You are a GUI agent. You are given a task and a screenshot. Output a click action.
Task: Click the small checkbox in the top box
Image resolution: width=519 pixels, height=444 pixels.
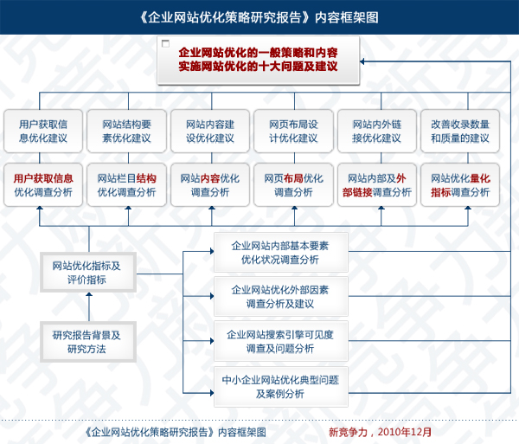(x=166, y=43)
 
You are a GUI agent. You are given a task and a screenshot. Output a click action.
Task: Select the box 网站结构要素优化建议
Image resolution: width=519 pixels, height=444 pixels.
(x=126, y=130)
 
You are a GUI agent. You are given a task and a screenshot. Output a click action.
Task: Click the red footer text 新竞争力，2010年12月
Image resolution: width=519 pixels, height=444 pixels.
(x=380, y=430)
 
